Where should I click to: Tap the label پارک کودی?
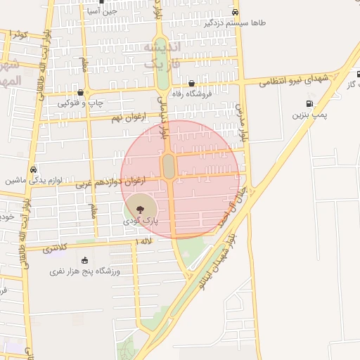click(x=141, y=220)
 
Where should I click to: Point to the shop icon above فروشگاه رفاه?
click(x=191, y=83)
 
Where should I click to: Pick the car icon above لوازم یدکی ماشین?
click(x=34, y=169)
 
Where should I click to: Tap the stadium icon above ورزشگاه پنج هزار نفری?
click(x=85, y=261)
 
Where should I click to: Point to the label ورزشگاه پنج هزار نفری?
click(x=85, y=271)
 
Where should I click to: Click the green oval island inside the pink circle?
click(x=169, y=167)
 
